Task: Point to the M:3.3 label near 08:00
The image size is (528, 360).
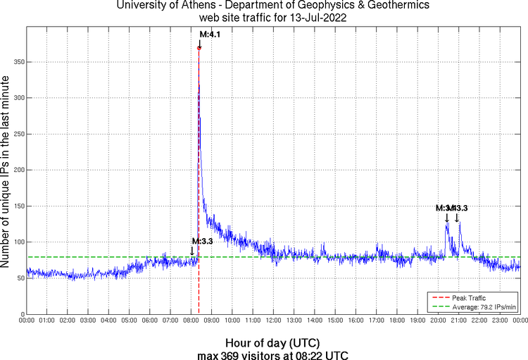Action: [202, 242]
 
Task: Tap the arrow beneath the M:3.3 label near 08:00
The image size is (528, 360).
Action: [192, 251]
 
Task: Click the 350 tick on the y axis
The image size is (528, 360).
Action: [18, 62]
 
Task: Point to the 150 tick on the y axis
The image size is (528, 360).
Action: [18, 206]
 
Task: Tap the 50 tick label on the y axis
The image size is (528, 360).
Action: [20, 278]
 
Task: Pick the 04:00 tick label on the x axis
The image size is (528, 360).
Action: [108, 321]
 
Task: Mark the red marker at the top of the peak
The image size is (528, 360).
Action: [199, 48]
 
